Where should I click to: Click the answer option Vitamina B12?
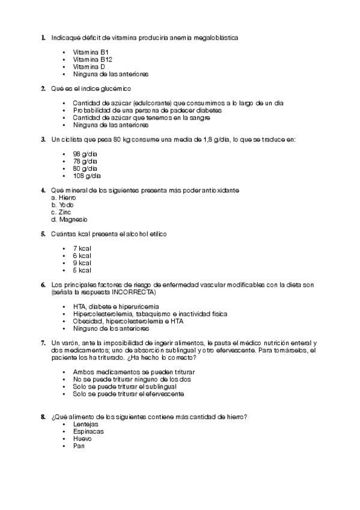pos(93,60)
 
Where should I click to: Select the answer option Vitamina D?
pos(89,67)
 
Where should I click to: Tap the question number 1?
pos(43,37)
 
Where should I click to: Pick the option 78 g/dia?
pos(85,161)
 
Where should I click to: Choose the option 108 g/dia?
pos(87,176)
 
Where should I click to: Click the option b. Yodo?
pos(63,205)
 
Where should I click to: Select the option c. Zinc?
pos(61,212)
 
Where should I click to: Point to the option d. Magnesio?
pos(69,220)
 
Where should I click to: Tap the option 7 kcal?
pos(82,248)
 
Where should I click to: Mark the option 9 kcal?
pos(82,263)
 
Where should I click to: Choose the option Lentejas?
pos(86,425)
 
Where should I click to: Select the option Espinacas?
pos(88,432)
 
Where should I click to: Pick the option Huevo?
pos(82,439)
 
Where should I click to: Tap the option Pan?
pos(79,446)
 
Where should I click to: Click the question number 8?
pos(43,417)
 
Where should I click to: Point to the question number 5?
pos(43,234)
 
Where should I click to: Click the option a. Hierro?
pos(64,198)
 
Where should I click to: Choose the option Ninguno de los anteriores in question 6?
pos(111,329)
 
